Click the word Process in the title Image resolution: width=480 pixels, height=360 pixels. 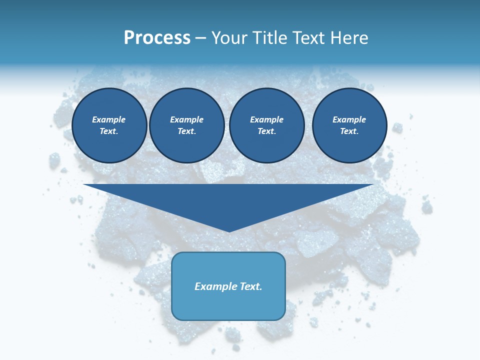click(157, 38)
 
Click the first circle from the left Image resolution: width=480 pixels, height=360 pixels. click(109, 125)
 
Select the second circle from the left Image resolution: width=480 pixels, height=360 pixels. click(187, 125)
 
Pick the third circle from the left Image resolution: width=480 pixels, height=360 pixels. click(267, 125)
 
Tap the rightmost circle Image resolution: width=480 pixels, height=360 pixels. click(349, 125)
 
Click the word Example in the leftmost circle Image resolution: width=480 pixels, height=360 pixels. click(109, 120)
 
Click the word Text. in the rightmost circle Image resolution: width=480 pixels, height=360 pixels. click(349, 131)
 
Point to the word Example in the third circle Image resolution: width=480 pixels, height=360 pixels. click(267, 120)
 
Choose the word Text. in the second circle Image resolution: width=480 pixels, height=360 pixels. click(187, 131)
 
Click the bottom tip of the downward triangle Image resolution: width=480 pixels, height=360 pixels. click(229, 230)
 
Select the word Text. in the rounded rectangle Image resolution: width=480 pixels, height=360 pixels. click(250, 286)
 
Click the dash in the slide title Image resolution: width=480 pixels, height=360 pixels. click(201, 38)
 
